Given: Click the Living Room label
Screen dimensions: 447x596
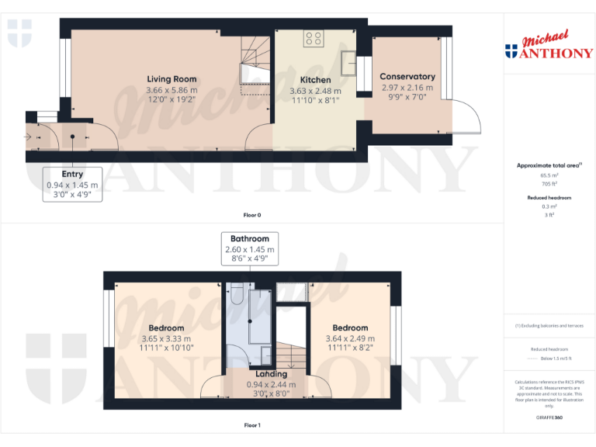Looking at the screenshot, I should click(x=172, y=79).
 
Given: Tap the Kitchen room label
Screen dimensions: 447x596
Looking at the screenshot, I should click(x=315, y=80).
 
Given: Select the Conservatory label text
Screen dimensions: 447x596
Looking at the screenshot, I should click(x=407, y=77).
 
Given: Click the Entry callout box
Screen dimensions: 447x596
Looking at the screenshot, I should click(x=72, y=185).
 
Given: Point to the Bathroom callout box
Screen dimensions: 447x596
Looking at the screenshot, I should click(x=249, y=249).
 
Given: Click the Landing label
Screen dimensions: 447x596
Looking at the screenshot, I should click(x=265, y=374).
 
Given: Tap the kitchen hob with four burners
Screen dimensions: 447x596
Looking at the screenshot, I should click(x=314, y=38).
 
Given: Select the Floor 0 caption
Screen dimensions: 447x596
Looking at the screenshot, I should click(x=252, y=215).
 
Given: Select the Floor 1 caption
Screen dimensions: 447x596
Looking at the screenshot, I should click(x=252, y=425).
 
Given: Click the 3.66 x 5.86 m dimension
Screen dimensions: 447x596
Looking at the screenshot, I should click(x=172, y=90).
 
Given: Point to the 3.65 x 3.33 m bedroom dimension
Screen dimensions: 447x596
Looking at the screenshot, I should click(x=167, y=339).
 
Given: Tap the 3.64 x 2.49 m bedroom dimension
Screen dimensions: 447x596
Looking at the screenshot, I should click(x=350, y=339).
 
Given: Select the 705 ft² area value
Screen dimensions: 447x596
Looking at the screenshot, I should click(x=549, y=185).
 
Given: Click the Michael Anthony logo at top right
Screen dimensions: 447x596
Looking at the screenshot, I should click(x=549, y=47).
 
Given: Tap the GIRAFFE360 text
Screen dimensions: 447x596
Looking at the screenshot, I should click(x=549, y=418).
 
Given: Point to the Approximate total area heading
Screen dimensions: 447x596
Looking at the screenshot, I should click(x=548, y=165).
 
